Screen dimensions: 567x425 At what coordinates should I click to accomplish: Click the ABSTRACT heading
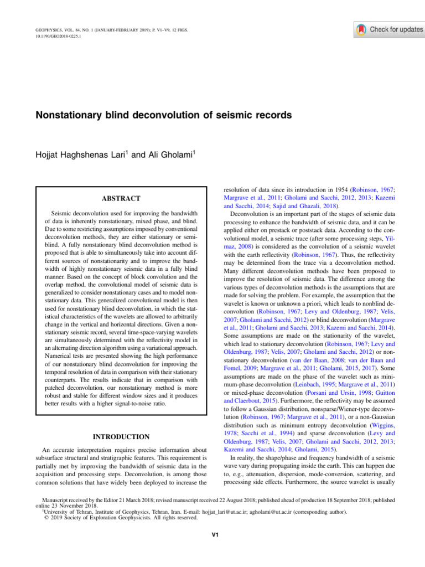121,198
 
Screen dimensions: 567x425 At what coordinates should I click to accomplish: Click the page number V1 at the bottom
212,534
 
